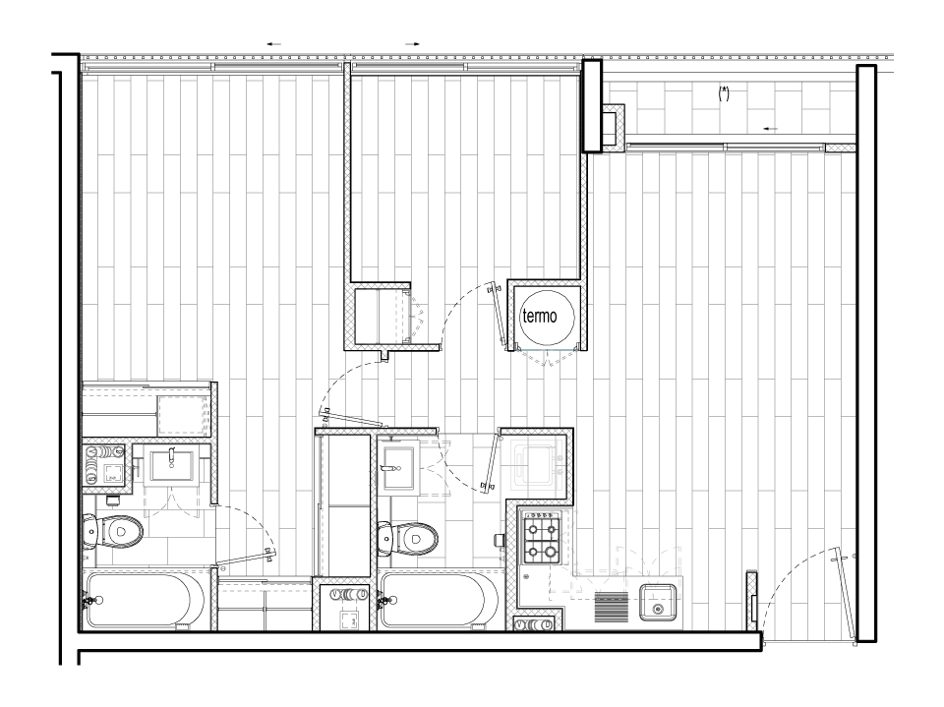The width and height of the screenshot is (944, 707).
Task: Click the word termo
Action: (540, 317)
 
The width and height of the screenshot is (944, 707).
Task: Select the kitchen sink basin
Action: (657, 602)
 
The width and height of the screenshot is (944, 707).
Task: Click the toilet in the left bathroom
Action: (113, 532)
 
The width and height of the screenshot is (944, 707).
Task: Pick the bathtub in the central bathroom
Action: (439, 601)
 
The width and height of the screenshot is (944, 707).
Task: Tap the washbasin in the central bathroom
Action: (398, 468)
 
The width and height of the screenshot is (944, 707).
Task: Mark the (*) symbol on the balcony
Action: (724, 93)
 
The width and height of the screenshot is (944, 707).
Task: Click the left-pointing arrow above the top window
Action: (274, 44)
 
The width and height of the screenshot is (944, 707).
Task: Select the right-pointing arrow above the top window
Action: (412, 44)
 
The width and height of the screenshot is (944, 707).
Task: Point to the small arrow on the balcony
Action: (770, 129)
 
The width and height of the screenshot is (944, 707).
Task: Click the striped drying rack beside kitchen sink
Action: (611, 607)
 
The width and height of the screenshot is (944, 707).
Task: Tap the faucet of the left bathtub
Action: (91, 601)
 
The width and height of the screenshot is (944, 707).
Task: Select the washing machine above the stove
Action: (537, 462)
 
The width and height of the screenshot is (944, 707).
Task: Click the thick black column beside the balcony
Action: (592, 105)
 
